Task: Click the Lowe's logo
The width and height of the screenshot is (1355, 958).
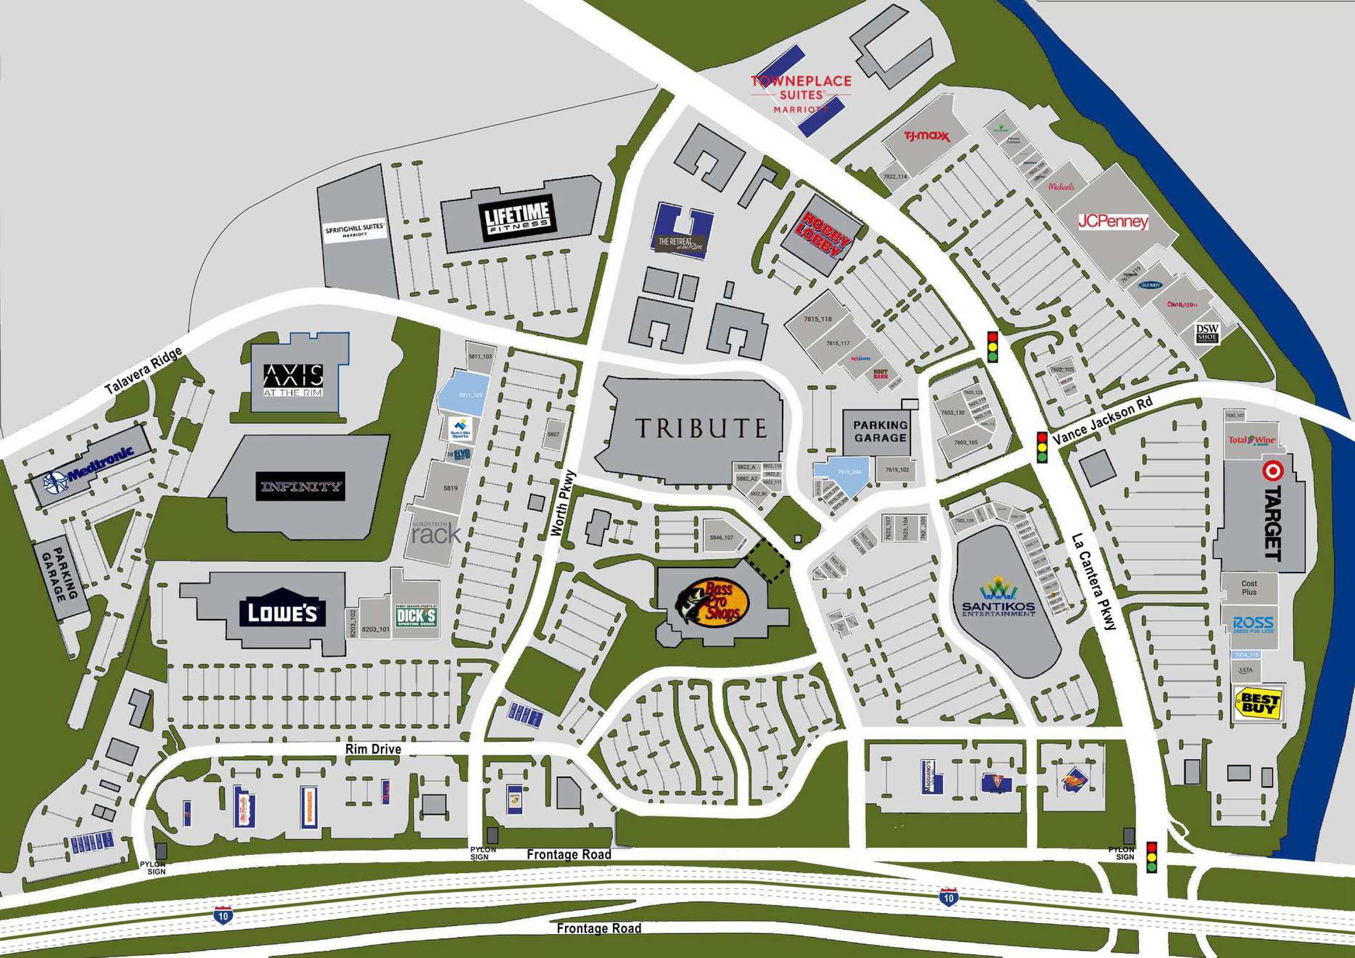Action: point(282,613)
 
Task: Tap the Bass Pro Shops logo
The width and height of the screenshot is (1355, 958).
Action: point(712,602)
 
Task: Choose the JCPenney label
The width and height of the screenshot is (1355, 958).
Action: point(1114,221)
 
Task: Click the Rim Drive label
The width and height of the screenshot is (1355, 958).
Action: point(373,749)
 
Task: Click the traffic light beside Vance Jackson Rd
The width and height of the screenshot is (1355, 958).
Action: point(1042,447)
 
